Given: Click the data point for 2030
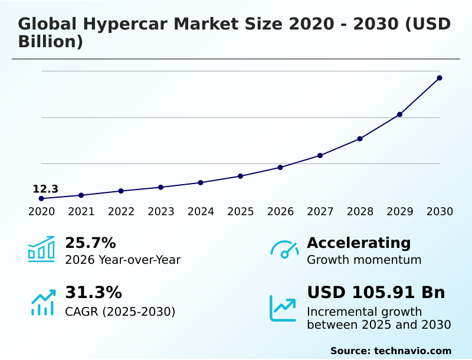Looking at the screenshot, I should click(x=440, y=78).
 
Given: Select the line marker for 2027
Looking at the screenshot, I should click(x=320, y=155).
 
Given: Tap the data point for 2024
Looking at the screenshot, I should click(x=201, y=182).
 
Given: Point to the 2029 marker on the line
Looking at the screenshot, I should click(x=399, y=114).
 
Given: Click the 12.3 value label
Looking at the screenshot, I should click(x=45, y=189).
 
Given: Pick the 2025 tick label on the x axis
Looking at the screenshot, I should click(x=241, y=211).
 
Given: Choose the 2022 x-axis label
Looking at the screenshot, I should click(x=121, y=211).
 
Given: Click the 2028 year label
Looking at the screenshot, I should click(x=360, y=211).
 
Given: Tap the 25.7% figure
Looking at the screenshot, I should click(x=90, y=243).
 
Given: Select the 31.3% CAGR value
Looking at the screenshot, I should click(x=93, y=292).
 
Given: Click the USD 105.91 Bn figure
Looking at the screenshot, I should click(x=376, y=292).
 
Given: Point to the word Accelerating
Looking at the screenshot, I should click(x=359, y=243).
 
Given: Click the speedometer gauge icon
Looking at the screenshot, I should click(x=284, y=249).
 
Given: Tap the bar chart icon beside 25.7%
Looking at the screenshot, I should click(x=41, y=249).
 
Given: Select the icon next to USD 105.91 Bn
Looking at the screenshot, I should click(x=283, y=308).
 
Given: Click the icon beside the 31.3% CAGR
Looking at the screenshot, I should click(x=42, y=302).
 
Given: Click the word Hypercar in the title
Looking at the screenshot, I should click(x=126, y=24).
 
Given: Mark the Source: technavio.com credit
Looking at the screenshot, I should click(x=391, y=351).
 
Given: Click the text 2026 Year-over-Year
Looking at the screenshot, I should click(x=123, y=260).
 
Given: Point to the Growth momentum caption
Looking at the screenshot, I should click(x=364, y=260).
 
